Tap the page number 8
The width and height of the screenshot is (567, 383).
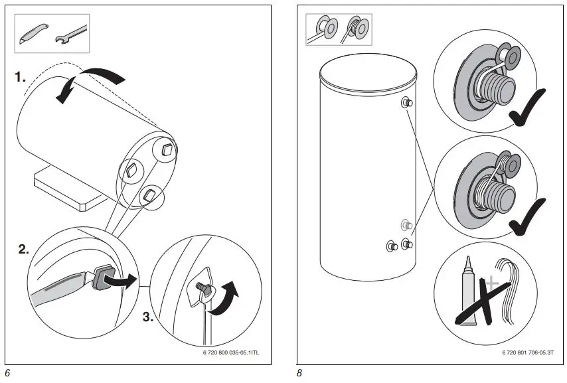click(299, 373)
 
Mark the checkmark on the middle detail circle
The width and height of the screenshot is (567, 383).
click(526, 216)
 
